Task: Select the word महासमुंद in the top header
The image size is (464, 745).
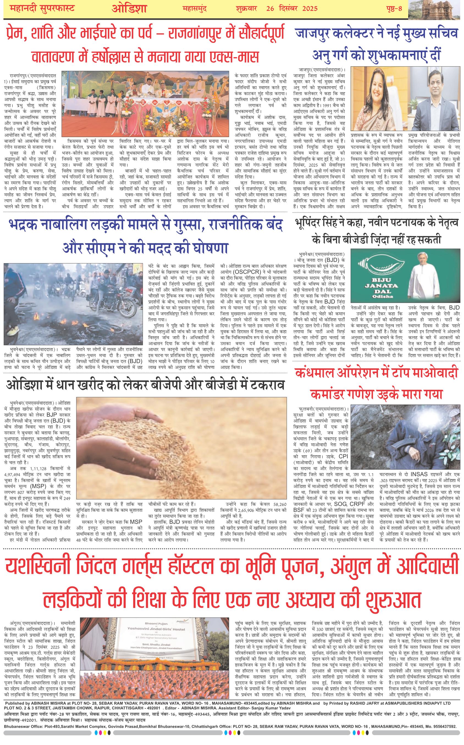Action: (x=195, y=8)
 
